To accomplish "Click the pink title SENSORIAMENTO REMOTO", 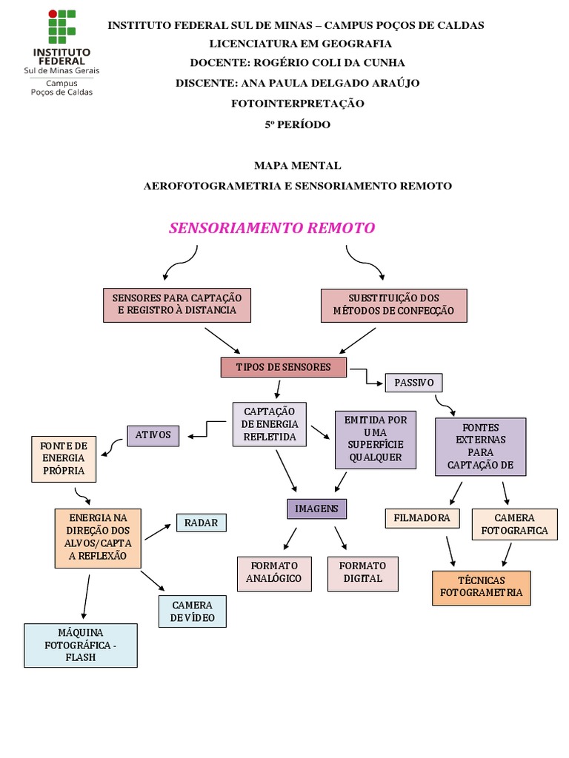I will (x=272, y=228).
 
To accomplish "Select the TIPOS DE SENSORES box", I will (x=283, y=367).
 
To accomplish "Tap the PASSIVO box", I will (x=413, y=383).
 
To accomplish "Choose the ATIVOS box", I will (x=153, y=435).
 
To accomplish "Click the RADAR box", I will (x=201, y=523).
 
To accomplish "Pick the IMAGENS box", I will (x=316, y=509).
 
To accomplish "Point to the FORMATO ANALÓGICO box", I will (x=274, y=572).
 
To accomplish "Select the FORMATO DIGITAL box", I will (x=362, y=573).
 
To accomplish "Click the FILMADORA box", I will (x=422, y=518).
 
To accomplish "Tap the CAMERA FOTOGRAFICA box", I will (x=514, y=524).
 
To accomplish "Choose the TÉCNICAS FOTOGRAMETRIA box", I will (x=481, y=588).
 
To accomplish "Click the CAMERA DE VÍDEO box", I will (x=192, y=611).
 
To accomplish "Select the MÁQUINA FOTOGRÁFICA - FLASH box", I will (x=81, y=645).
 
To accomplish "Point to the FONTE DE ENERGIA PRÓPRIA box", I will (x=63, y=458).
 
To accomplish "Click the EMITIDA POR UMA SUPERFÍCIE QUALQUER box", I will (x=376, y=439).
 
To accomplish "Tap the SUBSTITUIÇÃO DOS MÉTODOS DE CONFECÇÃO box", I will (x=393, y=305).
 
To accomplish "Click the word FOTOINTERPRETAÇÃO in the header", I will (x=298, y=104).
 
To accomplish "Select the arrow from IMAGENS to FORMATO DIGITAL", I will (x=341, y=538).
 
